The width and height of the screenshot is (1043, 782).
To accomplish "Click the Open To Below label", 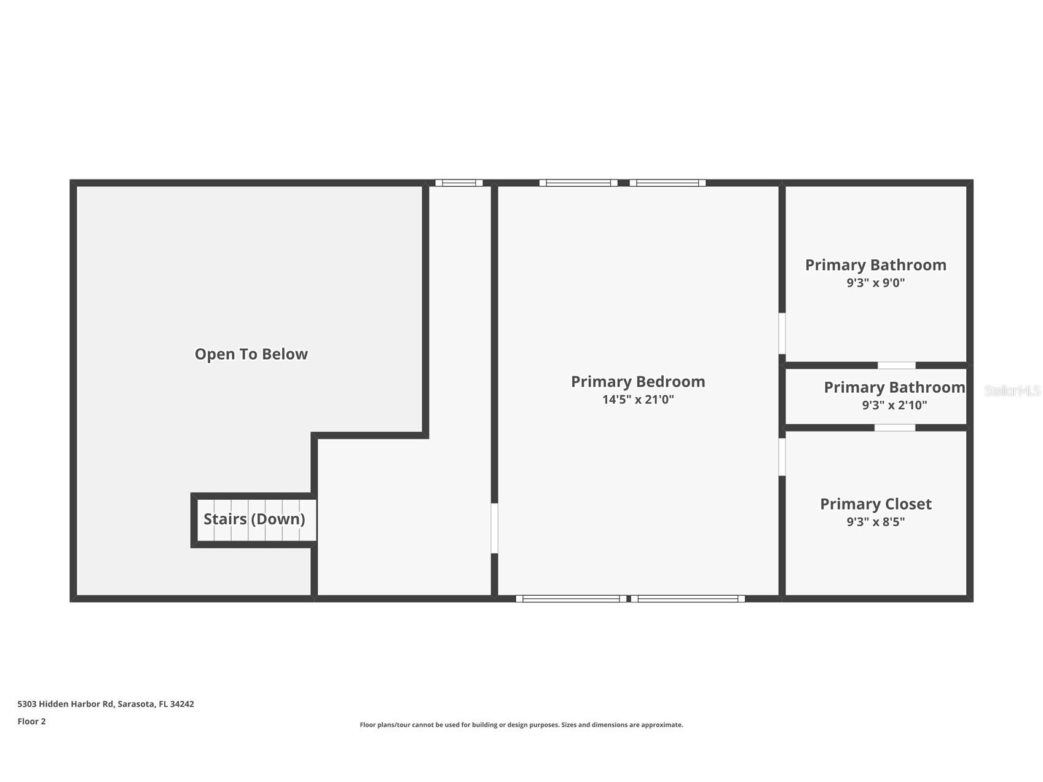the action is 251,354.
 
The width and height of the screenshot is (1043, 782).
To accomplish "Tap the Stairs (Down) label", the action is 254,519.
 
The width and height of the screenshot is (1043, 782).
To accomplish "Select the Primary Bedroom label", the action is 638,381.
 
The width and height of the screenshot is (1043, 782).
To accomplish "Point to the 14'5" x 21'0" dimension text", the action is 638,400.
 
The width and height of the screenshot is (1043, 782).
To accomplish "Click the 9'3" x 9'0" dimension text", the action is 876,283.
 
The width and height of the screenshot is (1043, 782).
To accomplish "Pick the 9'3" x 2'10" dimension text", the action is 894,405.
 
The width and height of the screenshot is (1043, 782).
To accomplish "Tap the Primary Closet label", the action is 876,504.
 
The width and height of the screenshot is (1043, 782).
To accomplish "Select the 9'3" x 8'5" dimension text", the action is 876,522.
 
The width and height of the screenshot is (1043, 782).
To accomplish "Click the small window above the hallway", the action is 459,183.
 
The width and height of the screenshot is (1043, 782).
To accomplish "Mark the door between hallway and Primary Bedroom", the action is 494,529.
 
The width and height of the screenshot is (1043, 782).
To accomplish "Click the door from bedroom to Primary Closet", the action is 782,457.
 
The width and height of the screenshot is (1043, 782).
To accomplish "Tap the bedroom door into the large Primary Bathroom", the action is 782,334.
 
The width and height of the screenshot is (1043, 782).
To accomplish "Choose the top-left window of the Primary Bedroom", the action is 578,183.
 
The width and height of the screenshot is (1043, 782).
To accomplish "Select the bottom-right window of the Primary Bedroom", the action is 688,599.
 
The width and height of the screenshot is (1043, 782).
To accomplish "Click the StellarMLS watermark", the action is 1013,390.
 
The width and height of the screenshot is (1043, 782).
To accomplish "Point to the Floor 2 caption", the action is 31,721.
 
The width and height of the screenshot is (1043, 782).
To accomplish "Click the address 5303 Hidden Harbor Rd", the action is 66,704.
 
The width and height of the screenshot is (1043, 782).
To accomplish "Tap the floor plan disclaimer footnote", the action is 521,725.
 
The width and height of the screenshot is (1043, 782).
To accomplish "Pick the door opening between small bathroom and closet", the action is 895,427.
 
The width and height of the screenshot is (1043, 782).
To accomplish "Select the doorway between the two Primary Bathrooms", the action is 897,365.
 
